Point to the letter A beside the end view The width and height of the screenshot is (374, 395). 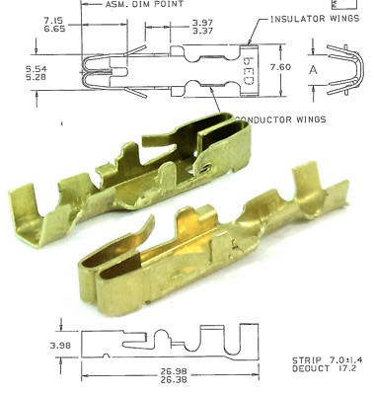pos(313,69)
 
